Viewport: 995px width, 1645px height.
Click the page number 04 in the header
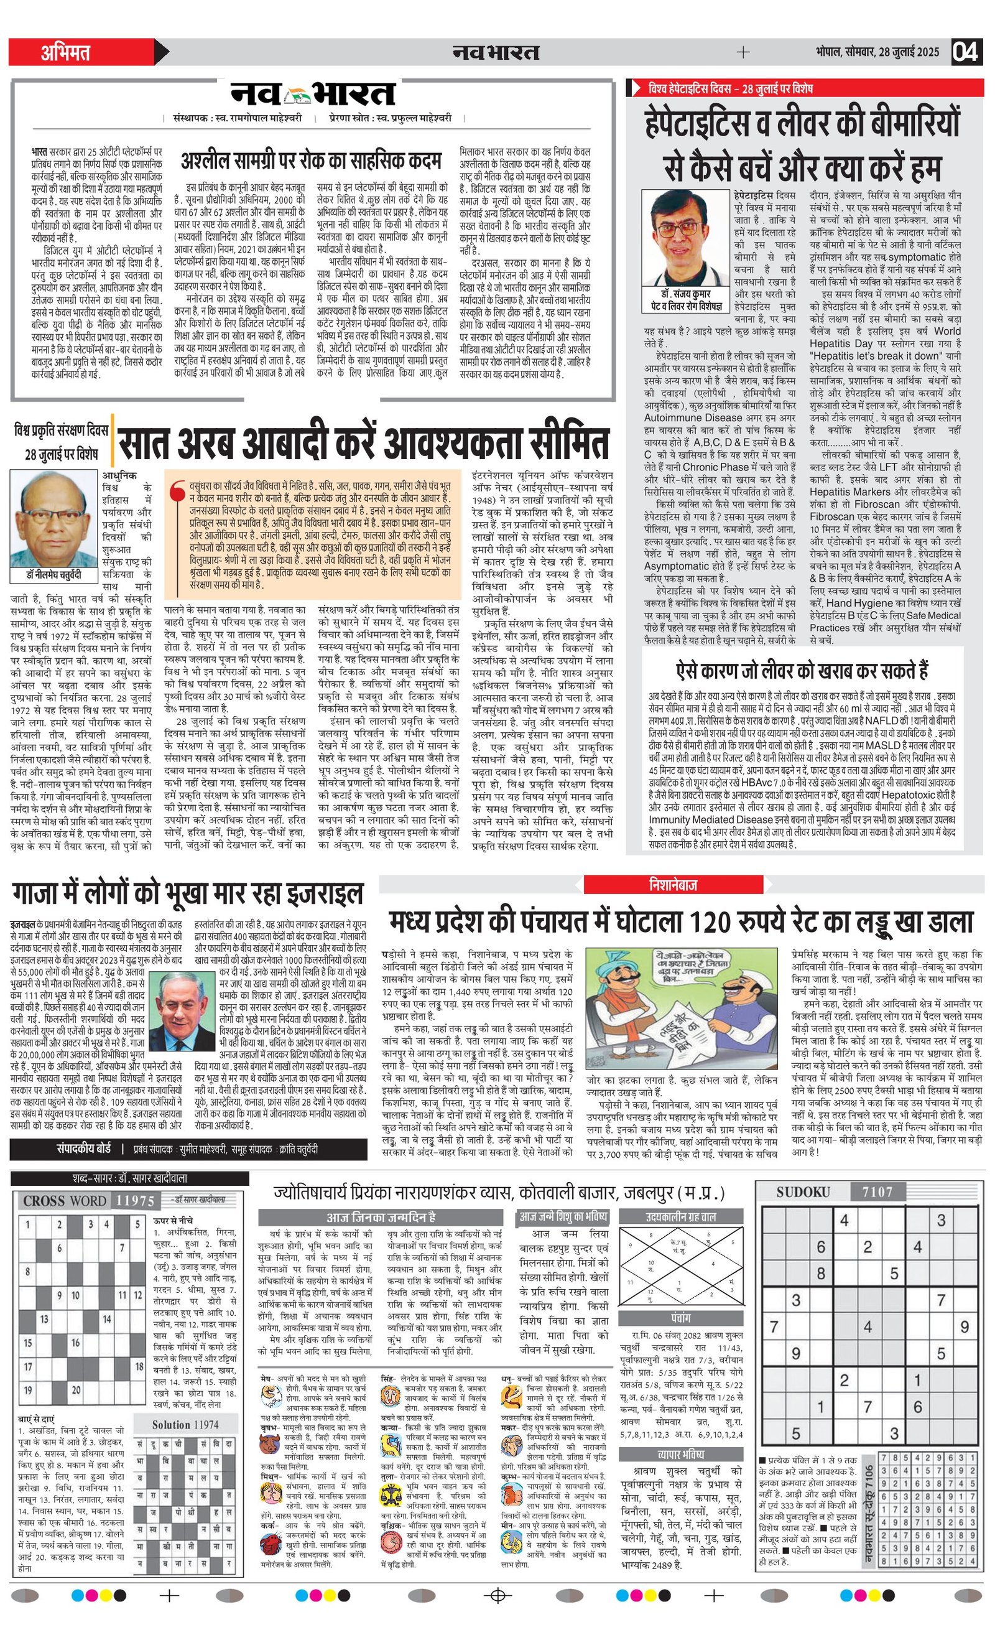click(x=966, y=52)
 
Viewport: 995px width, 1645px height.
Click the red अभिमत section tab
click(x=65, y=52)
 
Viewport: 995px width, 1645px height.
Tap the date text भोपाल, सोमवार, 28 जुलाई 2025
click(x=877, y=52)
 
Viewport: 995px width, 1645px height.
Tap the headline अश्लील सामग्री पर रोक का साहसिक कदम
click(x=311, y=161)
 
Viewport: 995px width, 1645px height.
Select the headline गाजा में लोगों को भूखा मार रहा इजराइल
click(x=188, y=893)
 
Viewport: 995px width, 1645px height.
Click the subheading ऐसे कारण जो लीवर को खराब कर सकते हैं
click(x=802, y=670)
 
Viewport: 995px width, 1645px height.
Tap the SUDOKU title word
click(x=803, y=1191)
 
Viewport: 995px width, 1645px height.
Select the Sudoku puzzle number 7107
click(x=877, y=1191)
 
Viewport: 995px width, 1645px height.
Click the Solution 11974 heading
click(x=185, y=1424)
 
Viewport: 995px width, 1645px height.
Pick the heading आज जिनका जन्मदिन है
click(x=381, y=1217)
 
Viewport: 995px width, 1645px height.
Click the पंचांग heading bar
click(x=681, y=1318)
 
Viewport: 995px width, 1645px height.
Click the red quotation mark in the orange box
click(x=177, y=491)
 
